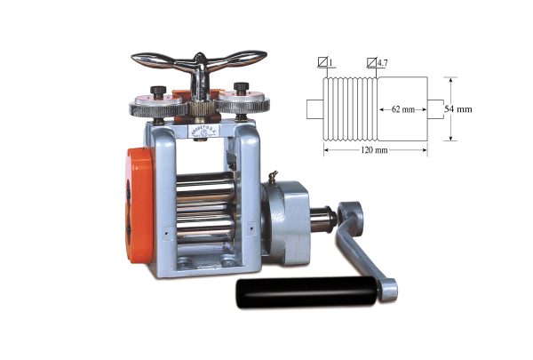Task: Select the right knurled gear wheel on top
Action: point(243,104)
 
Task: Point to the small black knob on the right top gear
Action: point(239,89)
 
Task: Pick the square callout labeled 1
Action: point(325,63)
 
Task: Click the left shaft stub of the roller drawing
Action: point(315,109)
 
